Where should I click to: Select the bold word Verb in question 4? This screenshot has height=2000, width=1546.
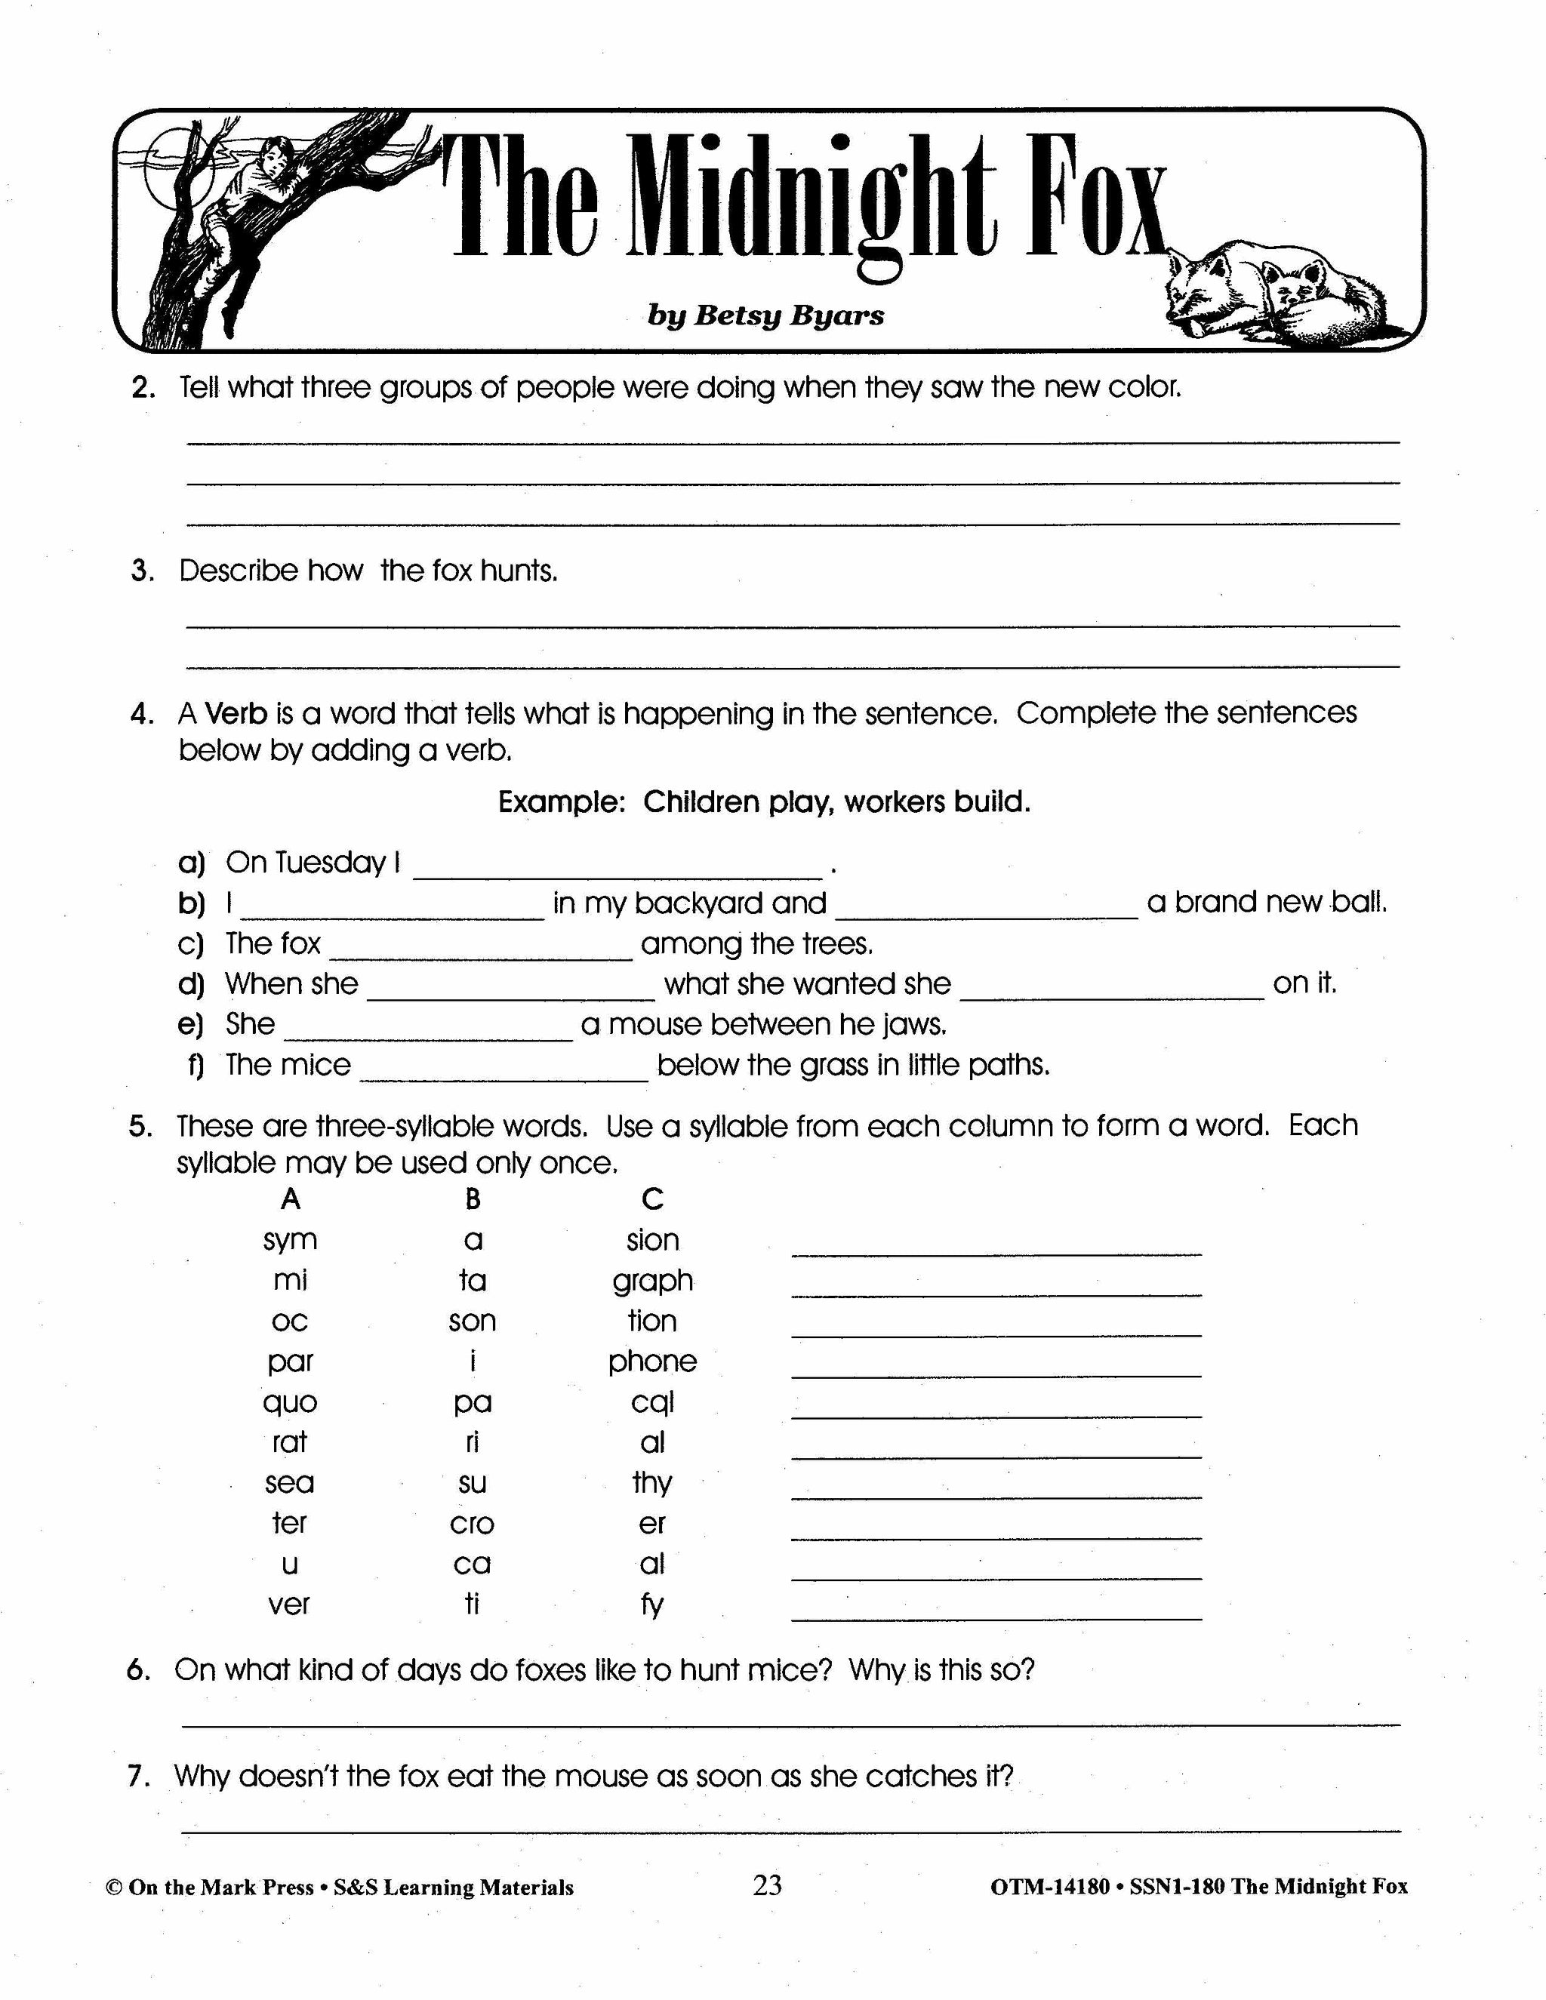tap(236, 713)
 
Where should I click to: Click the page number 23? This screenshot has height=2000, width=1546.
tap(768, 1885)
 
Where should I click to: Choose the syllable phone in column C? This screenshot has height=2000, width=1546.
tap(652, 1362)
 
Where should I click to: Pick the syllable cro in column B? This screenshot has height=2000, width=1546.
tap(472, 1524)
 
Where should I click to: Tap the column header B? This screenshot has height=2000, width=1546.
tap(473, 1198)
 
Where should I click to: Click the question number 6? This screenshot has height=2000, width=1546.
tap(138, 1670)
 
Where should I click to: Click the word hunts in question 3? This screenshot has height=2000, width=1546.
tap(519, 571)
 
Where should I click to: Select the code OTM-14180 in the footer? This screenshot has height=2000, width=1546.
tap(1049, 1887)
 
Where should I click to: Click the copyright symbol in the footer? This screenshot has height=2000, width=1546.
tap(113, 1888)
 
